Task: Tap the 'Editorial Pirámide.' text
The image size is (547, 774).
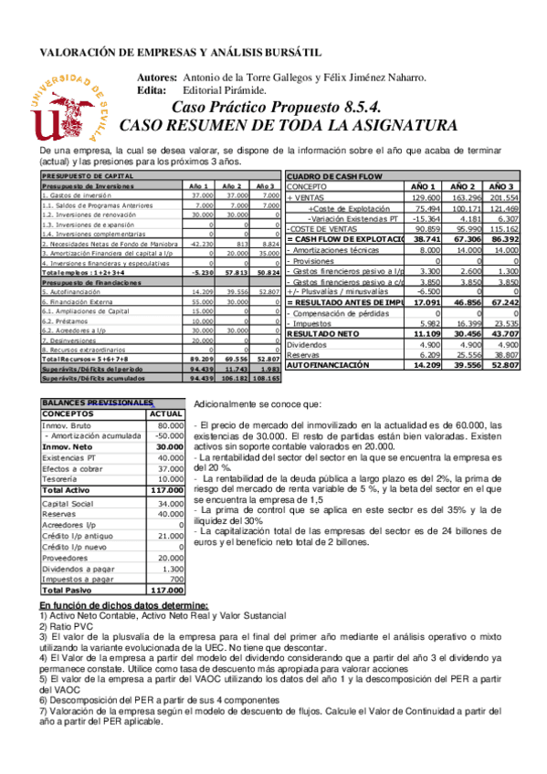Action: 225,90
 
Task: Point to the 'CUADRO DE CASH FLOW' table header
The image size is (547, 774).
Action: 332,176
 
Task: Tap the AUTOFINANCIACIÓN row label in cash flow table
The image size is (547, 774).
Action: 329,364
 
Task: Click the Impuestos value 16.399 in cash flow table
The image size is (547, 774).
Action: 465,323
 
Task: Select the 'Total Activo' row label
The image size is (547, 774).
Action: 68,491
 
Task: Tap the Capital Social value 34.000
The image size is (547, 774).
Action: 171,504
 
